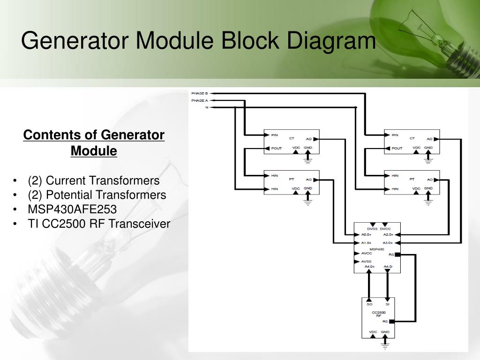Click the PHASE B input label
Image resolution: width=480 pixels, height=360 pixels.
pyautogui.click(x=199, y=94)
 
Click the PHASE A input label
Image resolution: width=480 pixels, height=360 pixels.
pyautogui.click(x=199, y=100)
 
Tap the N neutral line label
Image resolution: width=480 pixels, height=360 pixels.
pyautogui.click(x=206, y=107)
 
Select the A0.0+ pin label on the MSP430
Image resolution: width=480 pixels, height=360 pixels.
pyautogui.click(x=367, y=234)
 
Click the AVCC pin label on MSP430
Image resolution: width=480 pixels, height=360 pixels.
pyautogui.click(x=367, y=253)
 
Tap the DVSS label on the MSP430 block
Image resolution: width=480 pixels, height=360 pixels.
pyautogui.click(x=372, y=229)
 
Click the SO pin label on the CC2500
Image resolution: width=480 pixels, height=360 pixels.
pyautogui.click(x=369, y=304)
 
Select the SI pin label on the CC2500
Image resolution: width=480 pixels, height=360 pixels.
pyautogui.click(x=387, y=304)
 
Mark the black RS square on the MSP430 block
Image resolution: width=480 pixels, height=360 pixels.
pyautogui.click(x=397, y=255)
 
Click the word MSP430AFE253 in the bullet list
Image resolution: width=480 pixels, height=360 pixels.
pyautogui.click(x=72, y=209)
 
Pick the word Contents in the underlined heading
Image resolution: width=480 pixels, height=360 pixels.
pyautogui.click(x=52, y=135)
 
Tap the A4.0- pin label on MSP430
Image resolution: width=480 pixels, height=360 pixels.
pyautogui.click(x=388, y=267)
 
